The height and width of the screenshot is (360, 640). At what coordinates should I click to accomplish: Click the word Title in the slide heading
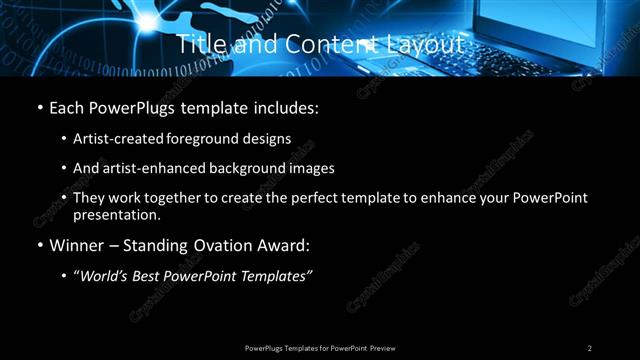pyautogui.click(x=198, y=45)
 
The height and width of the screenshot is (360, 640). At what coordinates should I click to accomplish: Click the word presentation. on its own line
pyautogui.click(x=117, y=215)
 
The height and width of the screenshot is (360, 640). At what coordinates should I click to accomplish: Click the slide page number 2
pyautogui.click(x=590, y=348)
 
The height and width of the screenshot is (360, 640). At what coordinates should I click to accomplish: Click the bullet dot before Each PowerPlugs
pyautogui.click(x=38, y=107)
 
